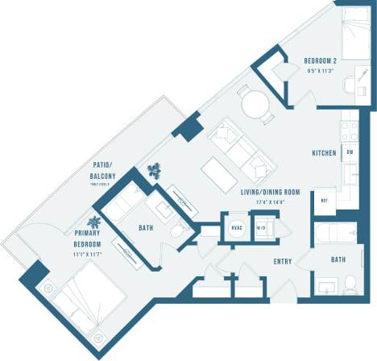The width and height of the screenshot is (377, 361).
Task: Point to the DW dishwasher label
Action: (350, 152)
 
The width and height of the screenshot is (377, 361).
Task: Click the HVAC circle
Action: (237, 228)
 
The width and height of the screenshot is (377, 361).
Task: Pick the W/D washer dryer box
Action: (263, 228)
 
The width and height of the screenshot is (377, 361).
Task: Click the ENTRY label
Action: (283, 261)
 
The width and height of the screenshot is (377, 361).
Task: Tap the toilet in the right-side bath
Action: (350, 284)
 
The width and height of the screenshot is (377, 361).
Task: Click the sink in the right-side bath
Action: (328, 287)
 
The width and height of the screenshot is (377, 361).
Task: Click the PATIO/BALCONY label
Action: (103, 172)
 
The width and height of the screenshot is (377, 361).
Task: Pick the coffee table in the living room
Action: (219, 172)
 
